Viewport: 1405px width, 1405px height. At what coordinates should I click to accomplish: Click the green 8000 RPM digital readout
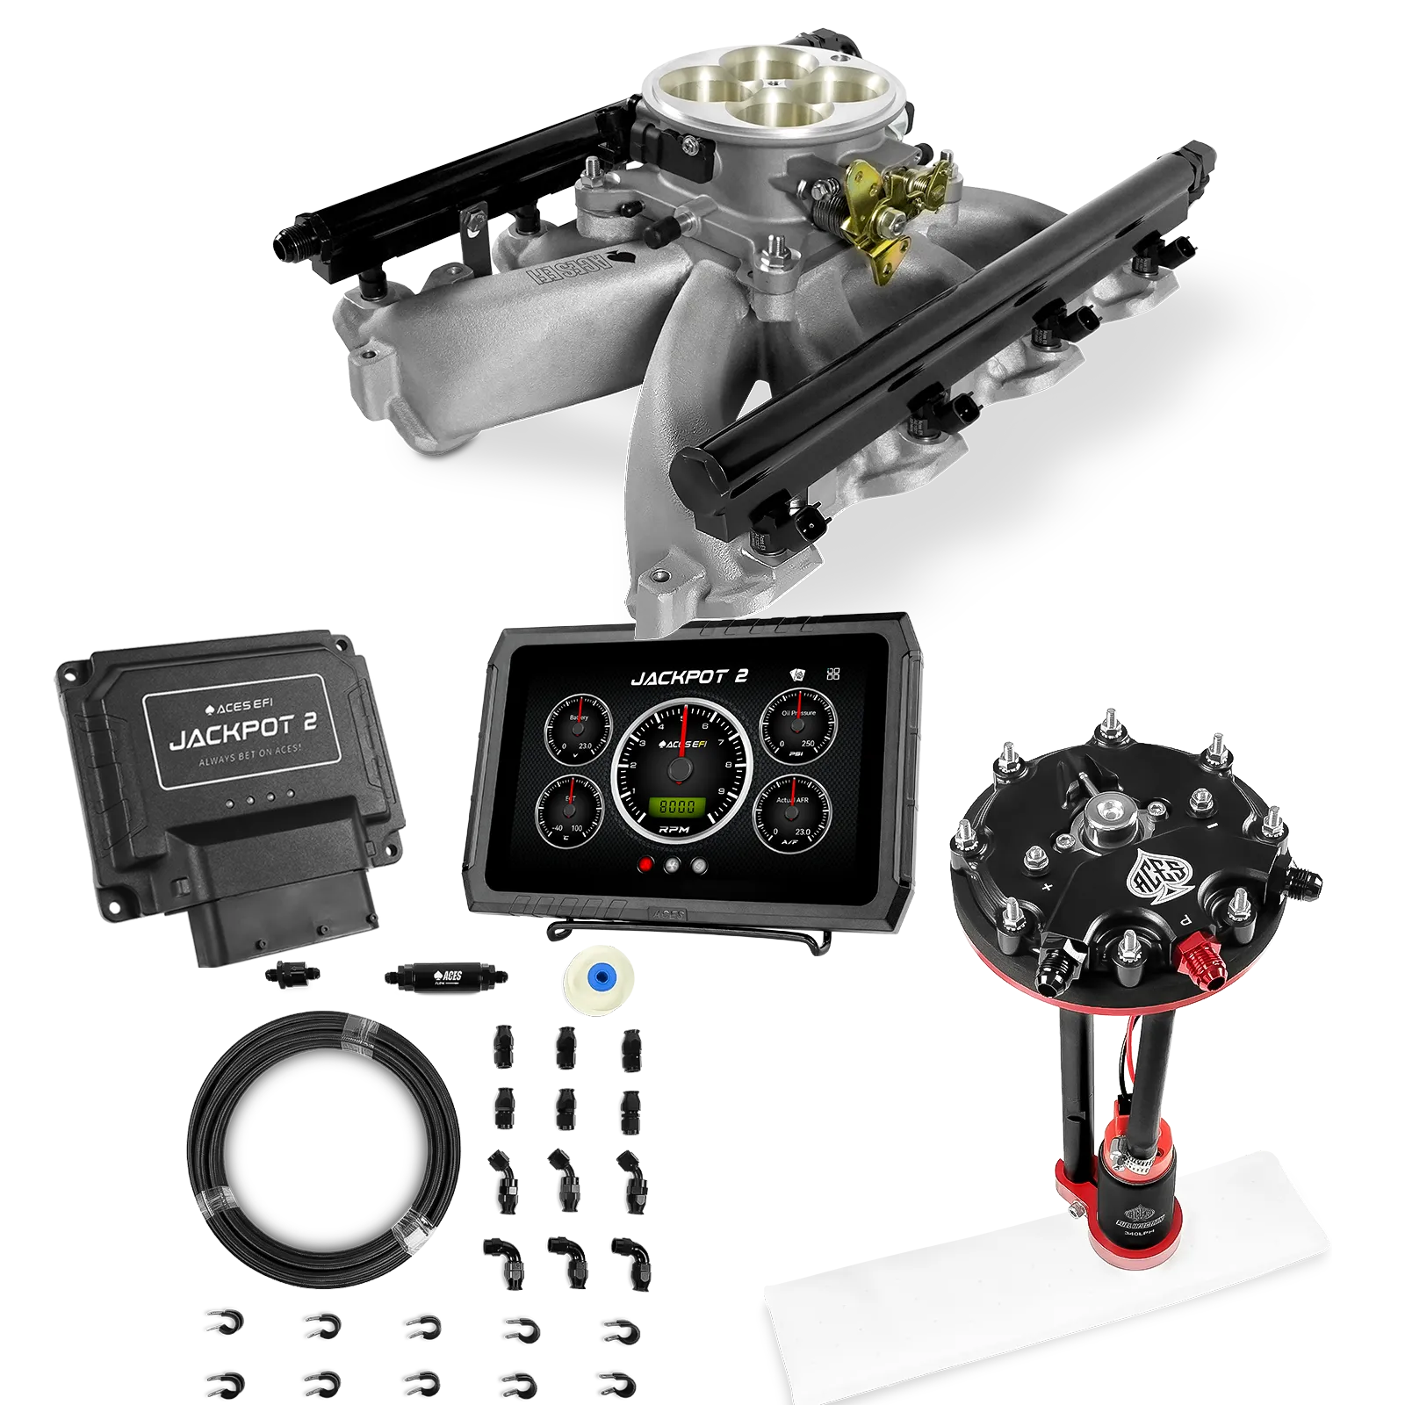pos(678,806)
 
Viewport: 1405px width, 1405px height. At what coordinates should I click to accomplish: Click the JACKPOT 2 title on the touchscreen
pos(689,676)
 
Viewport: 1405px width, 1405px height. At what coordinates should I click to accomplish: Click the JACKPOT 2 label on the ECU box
pos(242,731)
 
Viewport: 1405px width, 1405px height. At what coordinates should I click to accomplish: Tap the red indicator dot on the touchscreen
pos(646,865)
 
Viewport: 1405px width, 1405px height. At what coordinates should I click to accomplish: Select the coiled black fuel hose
pos(325,1150)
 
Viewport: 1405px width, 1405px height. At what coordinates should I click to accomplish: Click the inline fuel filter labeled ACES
pos(443,976)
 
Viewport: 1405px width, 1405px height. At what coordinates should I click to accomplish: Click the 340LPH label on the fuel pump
pos(1140,1235)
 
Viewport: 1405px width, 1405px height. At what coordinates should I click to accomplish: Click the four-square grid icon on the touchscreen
pos(833,674)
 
